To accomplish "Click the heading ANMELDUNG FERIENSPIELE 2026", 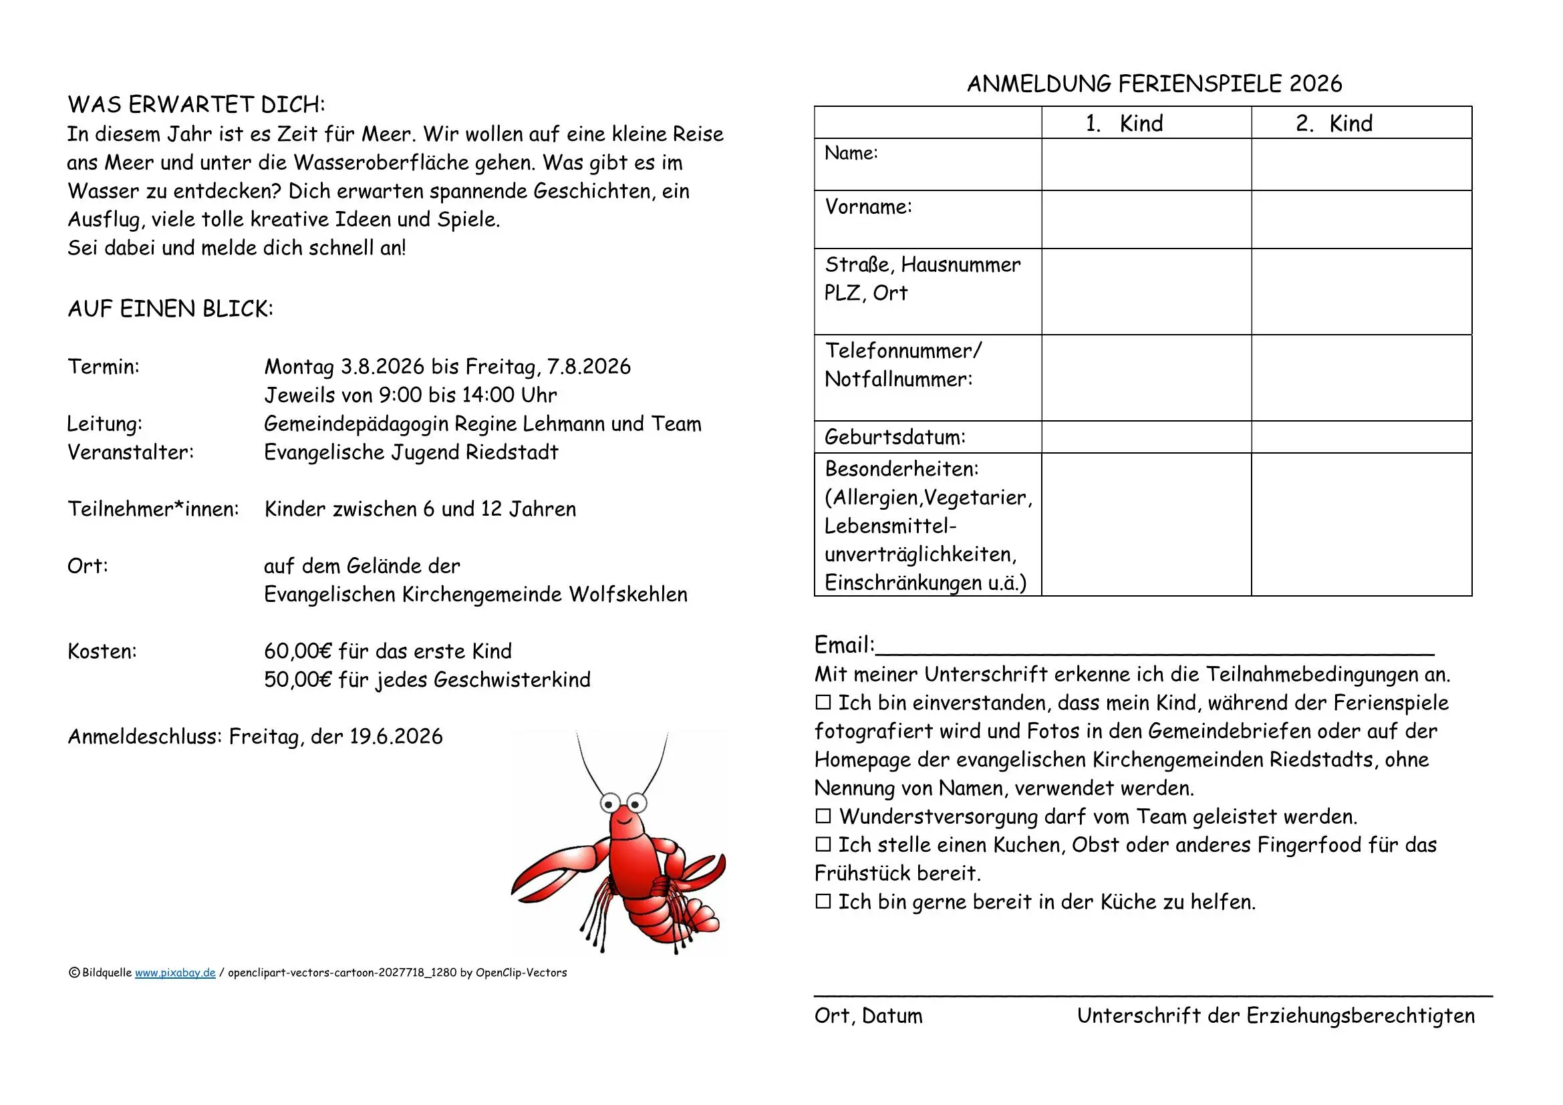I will [1154, 84].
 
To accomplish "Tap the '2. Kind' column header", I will [1334, 123].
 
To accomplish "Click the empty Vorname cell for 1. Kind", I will [1146, 219].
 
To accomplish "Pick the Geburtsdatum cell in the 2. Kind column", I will [1361, 437].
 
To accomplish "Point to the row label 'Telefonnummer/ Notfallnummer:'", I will [903, 365].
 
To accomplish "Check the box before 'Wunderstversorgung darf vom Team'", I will [823, 816].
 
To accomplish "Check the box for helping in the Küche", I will [823, 901].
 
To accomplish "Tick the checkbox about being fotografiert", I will [823, 702].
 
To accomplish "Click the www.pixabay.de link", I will [175, 973].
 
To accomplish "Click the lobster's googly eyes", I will [623, 804].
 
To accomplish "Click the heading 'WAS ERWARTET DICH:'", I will [196, 105].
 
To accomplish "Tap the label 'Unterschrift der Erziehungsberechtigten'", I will [1275, 1016].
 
